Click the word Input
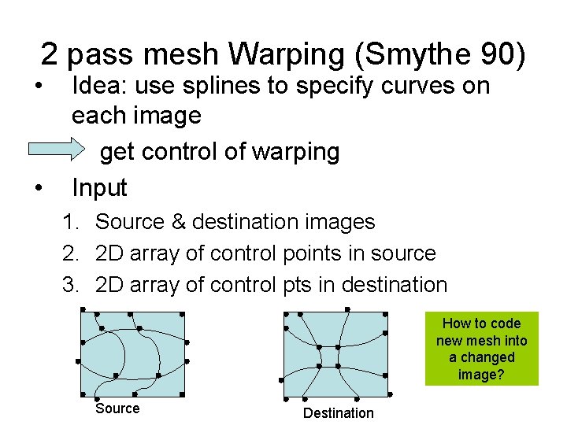click(x=99, y=187)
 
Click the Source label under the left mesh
click(x=117, y=408)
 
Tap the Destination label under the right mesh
click(x=339, y=413)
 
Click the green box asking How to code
click(x=482, y=349)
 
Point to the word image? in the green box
click(x=482, y=375)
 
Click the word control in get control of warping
click(x=178, y=152)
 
